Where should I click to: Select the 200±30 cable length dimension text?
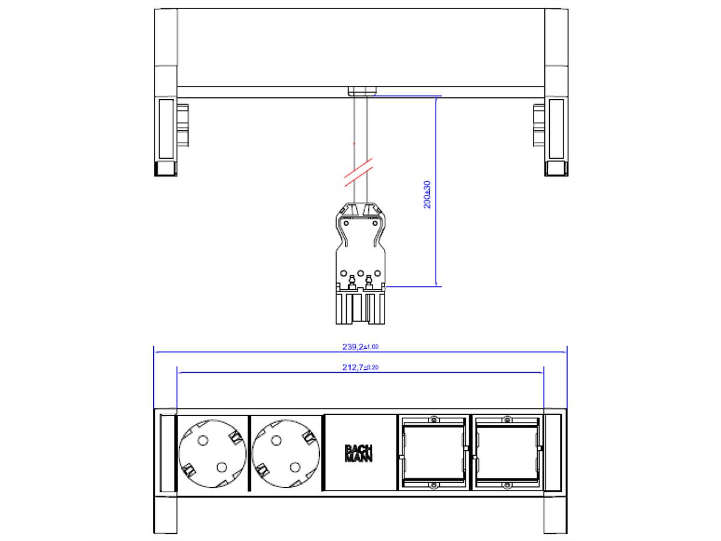[427, 194]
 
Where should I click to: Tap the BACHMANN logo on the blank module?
[359, 453]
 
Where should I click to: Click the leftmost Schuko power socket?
[213, 453]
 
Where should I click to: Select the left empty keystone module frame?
[432, 452]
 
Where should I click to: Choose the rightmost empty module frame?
[507, 452]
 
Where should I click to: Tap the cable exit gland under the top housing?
[360, 91]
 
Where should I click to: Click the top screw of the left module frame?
[432, 419]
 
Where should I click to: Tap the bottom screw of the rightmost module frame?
[507, 485]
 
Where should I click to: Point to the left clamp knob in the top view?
[181, 125]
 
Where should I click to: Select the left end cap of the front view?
[166, 452]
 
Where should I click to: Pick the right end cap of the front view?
[553, 452]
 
